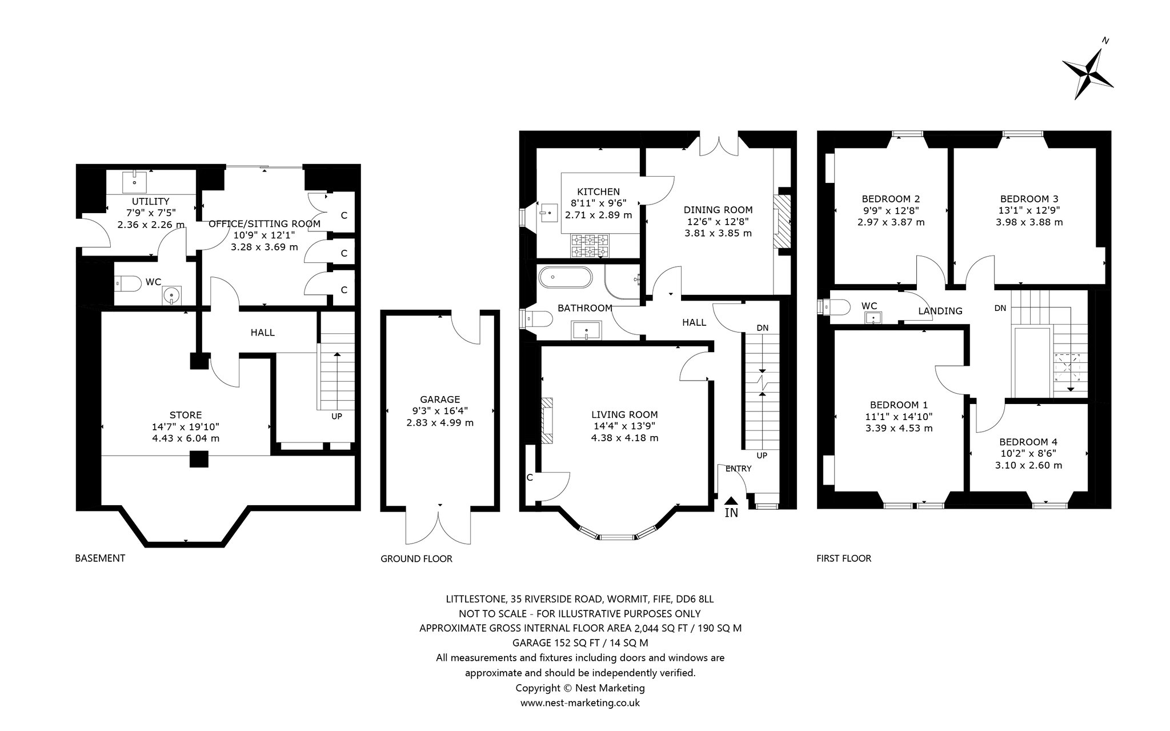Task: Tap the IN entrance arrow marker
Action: click(x=731, y=501)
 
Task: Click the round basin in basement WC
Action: click(x=171, y=295)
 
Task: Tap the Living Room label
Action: click(x=624, y=414)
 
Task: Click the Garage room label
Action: click(x=440, y=400)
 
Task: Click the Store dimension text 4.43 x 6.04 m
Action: click(x=186, y=438)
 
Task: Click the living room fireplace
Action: click(x=547, y=420)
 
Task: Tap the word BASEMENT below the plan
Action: click(x=100, y=558)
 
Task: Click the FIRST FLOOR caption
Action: click(x=844, y=558)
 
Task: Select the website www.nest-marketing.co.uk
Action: click(x=580, y=703)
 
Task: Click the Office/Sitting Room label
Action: click(x=265, y=223)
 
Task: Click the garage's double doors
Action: click(x=439, y=526)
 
